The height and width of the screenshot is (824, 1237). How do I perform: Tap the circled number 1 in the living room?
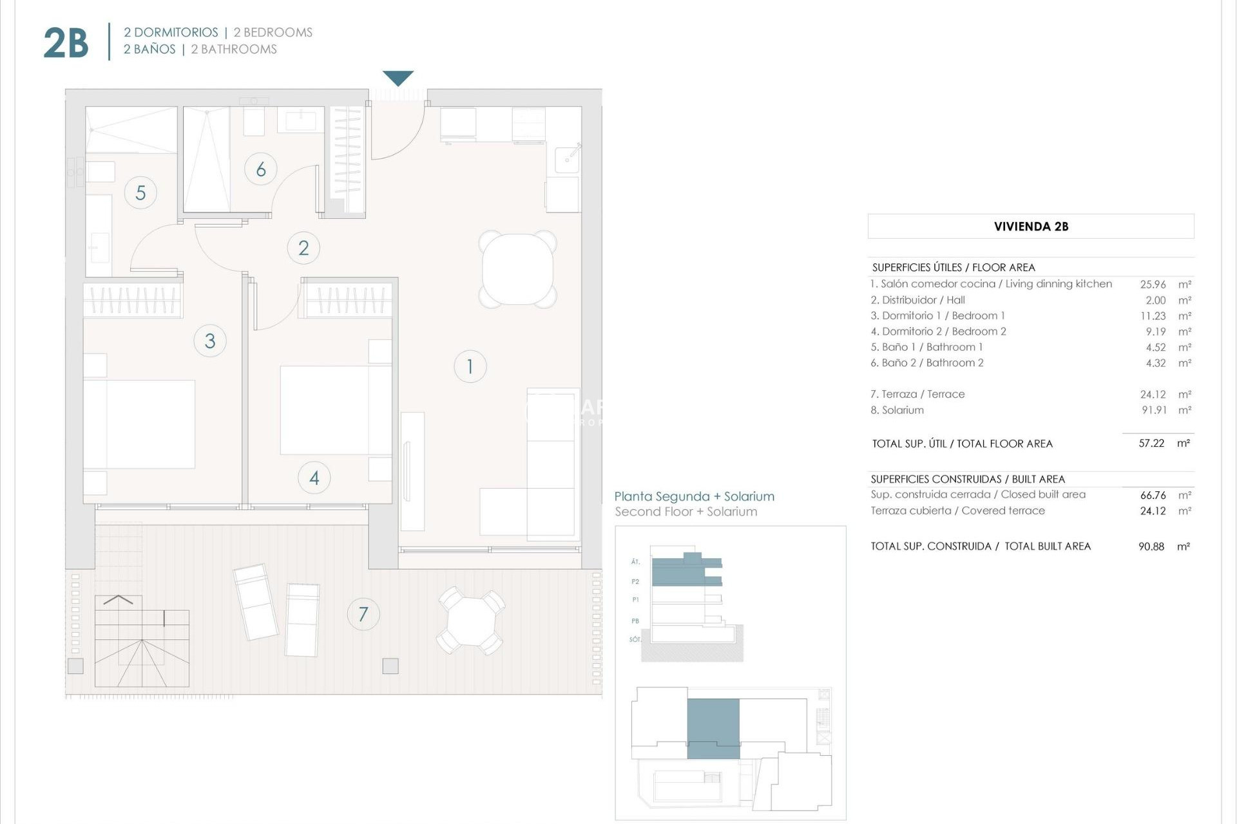(x=470, y=366)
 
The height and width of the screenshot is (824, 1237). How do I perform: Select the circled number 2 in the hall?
(x=303, y=248)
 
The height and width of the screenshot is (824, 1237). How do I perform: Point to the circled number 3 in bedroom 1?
(x=210, y=341)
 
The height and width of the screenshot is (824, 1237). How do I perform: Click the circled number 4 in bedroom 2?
(x=314, y=478)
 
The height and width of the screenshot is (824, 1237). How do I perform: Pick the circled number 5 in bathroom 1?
(x=140, y=192)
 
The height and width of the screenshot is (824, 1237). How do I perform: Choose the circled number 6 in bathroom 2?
(x=261, y=169)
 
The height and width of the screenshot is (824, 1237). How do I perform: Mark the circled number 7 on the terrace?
(x=363, y=614)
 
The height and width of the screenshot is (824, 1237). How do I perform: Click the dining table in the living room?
(x=517, y=269)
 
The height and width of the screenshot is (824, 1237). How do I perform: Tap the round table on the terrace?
(x=471, y=621)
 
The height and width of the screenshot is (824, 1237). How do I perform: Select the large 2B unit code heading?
(x=66, y=43)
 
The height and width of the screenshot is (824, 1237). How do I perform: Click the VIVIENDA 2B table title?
(x=1031, y=227)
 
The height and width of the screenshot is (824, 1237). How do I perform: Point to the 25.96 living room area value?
(x=1153, y=284)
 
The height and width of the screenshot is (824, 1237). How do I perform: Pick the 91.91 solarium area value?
(x=1154, y=410)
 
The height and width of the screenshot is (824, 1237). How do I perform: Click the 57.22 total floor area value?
(x=1151, y=444)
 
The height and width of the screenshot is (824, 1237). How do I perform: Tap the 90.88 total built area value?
(x=1151, y=547)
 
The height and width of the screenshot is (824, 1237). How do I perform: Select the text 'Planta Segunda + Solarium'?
(x=694, y=496)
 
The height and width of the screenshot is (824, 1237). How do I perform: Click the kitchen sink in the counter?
(x=567, y=156)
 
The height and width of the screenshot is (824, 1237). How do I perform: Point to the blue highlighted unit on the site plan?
(x=713, y=728)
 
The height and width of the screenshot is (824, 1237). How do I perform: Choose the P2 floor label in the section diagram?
(x=635, y=582)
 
